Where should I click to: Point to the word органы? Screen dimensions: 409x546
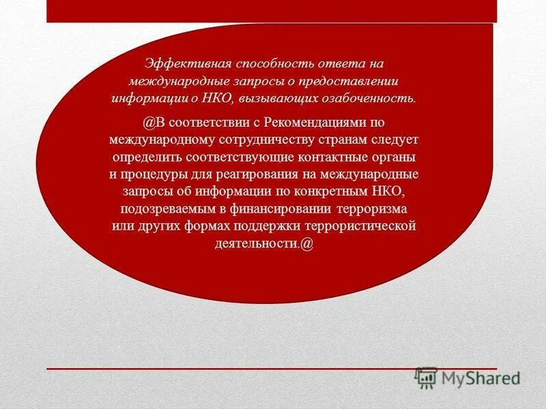tap(394, 157)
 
